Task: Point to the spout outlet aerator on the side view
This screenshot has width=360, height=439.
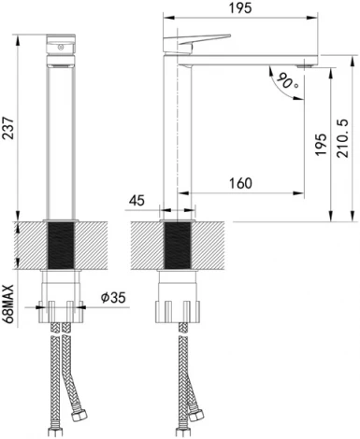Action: [304, 65]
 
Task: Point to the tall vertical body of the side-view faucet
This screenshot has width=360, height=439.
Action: [177, 140]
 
